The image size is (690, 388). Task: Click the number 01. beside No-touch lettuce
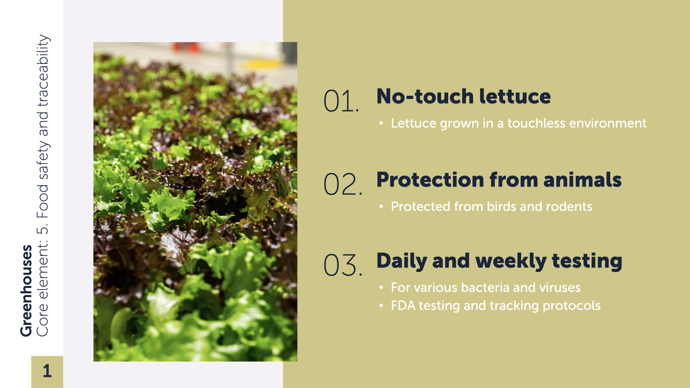pos(341,101)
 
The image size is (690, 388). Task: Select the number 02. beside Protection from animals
pos(343,184)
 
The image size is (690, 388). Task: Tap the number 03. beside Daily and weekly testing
pos(343,265)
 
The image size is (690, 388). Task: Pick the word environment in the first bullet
pos(608,123)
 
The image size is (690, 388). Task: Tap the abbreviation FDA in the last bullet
pos(403,306)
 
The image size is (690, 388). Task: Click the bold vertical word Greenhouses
pos(26,291)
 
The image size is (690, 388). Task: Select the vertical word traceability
pos(43,71)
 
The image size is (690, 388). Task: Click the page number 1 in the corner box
pos(47,371)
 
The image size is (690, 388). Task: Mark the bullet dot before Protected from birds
pos(381,207)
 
